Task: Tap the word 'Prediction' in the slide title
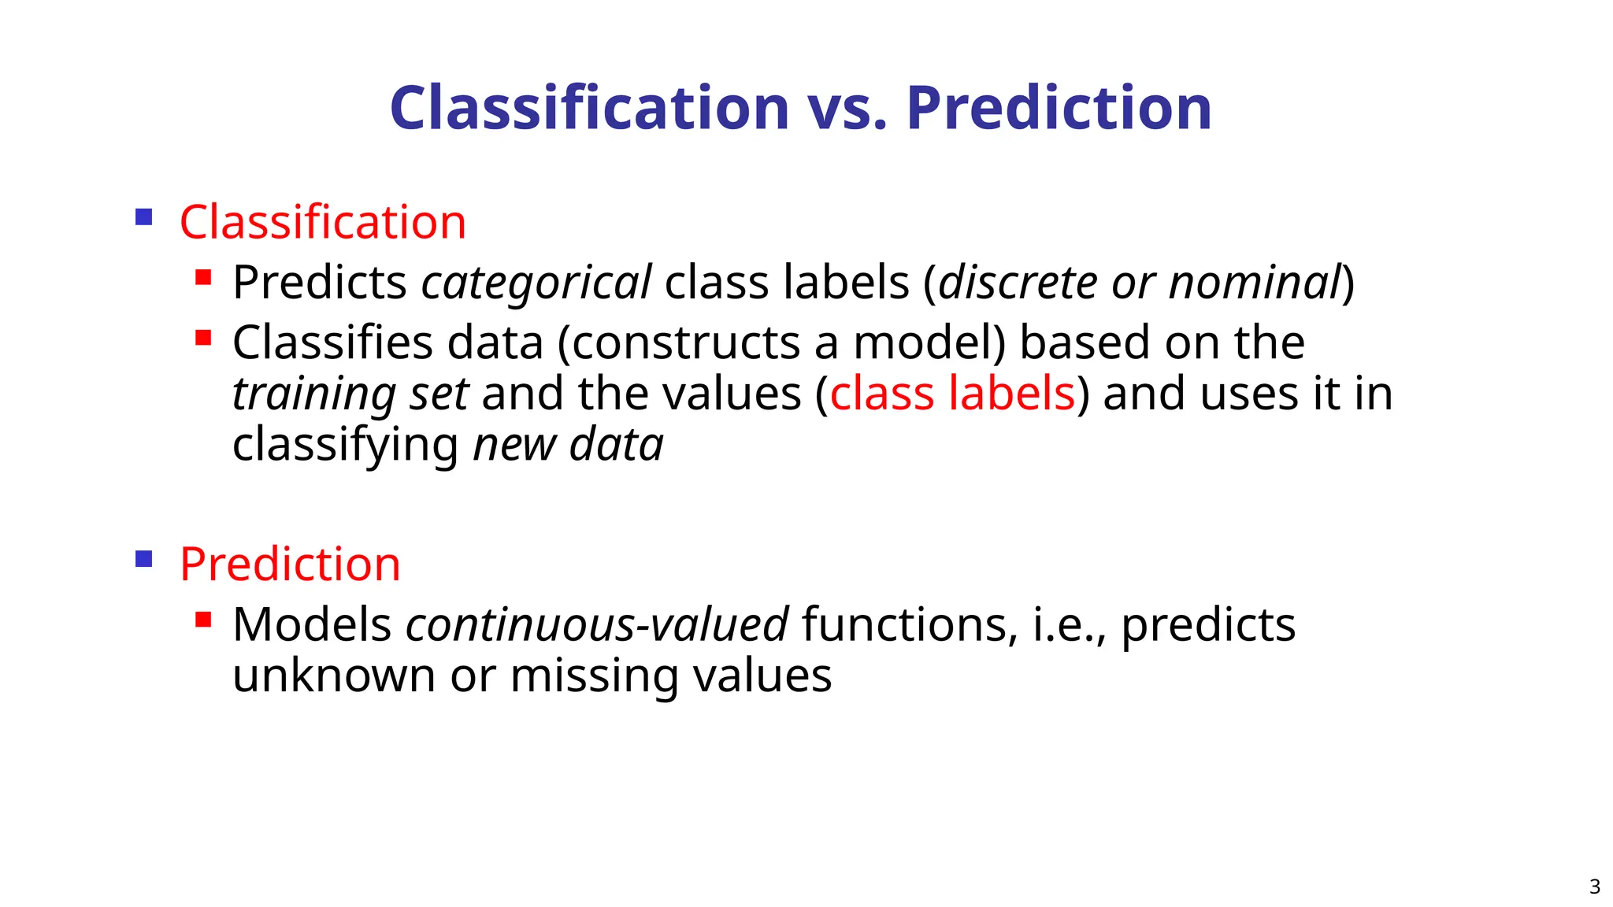(x=1059, y=109)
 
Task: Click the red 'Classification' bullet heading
(x=323, y=222)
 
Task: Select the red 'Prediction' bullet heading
(x=290, y=565)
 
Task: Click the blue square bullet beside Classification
(x=143, y=217)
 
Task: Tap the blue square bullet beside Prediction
(x=143, y=559)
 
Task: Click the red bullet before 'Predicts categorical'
(x=203, y=277)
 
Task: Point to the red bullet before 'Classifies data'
(x=203, y=338)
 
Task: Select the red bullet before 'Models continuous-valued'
(x=203, y=620)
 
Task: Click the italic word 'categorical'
(x=536, y=283)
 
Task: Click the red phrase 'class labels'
(x=952, y=394)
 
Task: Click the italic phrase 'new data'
(x=568, y=445)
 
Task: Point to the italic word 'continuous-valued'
(x=596, y=625)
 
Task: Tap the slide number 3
(x=1594, y=887)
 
